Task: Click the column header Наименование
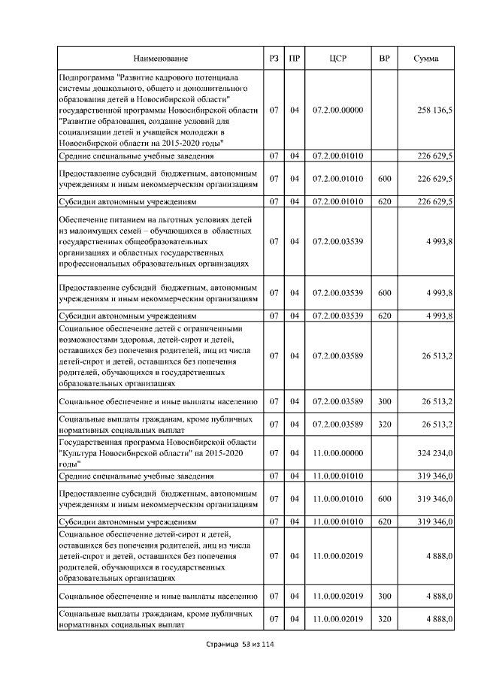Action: (x=161, y=58)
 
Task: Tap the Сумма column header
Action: (x=426, y=58)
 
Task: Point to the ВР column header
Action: (x=384, y=58)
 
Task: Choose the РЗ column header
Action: (x=274, y=58)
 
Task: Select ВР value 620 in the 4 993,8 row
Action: (x=384, y=316)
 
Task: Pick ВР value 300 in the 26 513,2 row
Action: (x=384, y=402)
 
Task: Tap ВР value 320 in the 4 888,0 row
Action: (x=384, y=619)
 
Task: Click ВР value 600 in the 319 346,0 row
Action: (x=384, y=497)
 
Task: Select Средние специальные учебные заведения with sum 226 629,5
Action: (x=135, y=156)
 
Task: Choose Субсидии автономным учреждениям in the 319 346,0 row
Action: (x=127, y=521)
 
